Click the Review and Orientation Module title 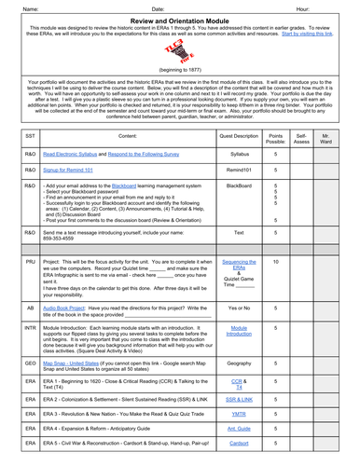(179, 21)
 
